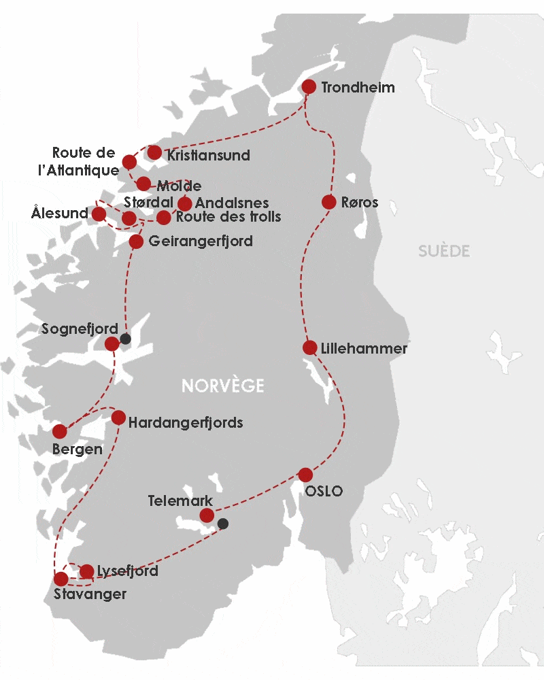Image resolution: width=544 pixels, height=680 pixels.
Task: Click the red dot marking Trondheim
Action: (309, 86)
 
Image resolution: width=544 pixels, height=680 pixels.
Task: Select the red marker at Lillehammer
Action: (309, 347)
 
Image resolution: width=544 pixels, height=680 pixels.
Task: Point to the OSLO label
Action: (324, 491)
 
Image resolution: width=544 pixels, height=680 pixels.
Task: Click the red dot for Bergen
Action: (60, 431)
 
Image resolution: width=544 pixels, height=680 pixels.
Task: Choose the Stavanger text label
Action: (90, 594)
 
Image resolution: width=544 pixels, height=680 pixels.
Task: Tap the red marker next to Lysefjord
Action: (86, 571)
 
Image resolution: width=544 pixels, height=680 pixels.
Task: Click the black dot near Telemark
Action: (222, 524)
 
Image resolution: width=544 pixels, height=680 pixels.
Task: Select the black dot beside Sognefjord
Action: (125, 339)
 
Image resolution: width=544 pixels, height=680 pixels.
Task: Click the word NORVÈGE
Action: (222, 386)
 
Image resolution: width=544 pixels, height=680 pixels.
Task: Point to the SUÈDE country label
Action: (443, 252)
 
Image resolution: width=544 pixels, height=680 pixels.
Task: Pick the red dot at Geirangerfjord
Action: (136, 241)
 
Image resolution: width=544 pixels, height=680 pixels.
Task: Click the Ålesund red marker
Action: (99, 214)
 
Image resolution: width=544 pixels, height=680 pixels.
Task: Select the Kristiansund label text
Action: (208, 155)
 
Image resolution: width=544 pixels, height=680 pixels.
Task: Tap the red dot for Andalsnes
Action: (184, 203)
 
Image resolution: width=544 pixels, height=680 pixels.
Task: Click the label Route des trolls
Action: (228, 217)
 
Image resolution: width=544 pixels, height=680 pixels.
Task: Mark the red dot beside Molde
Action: (143, 184)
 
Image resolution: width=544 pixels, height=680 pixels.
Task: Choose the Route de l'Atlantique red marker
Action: (129, 162)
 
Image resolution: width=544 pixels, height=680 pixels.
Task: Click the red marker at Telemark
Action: (207, 515)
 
